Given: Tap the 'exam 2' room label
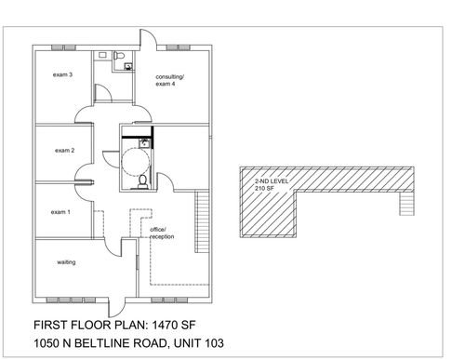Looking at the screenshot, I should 64,150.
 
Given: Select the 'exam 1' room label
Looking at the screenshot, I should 60,213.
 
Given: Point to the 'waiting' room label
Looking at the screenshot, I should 66,262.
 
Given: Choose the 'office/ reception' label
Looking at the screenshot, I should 162,233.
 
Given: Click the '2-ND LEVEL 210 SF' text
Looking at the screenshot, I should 267,184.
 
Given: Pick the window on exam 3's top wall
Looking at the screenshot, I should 62,47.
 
